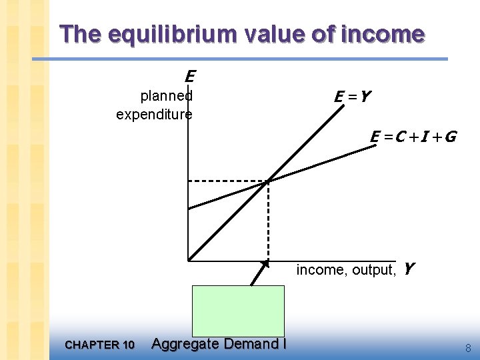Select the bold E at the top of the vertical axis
pyautogui.click(x=190, y=77)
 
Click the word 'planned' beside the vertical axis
pyautogui.click(x=166, y=95)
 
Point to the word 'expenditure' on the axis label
pyautogui.click(x=154, y=114)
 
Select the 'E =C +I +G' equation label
pyautogui.click(x=413, y=137)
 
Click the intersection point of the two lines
pyautogui.click(x=268, y=181)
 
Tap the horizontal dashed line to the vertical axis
pyautogui.click(x=227, y=181)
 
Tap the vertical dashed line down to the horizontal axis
pyautogui.click(x=268, y=220)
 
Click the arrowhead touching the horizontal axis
pyautogui.click(x=266, y=264)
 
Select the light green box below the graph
pyautogui.click(x=238, y=311)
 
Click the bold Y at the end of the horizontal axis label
pyautogui.click(x=409, y=269)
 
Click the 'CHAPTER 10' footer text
pyautogui.click(x=100, y=345)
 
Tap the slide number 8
pyautogui.click(x=468, y=347)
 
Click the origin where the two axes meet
pyautogui.click(x=189, y=260)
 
